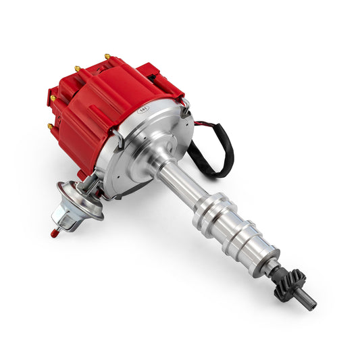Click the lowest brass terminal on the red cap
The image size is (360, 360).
click(x=50, y=126)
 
